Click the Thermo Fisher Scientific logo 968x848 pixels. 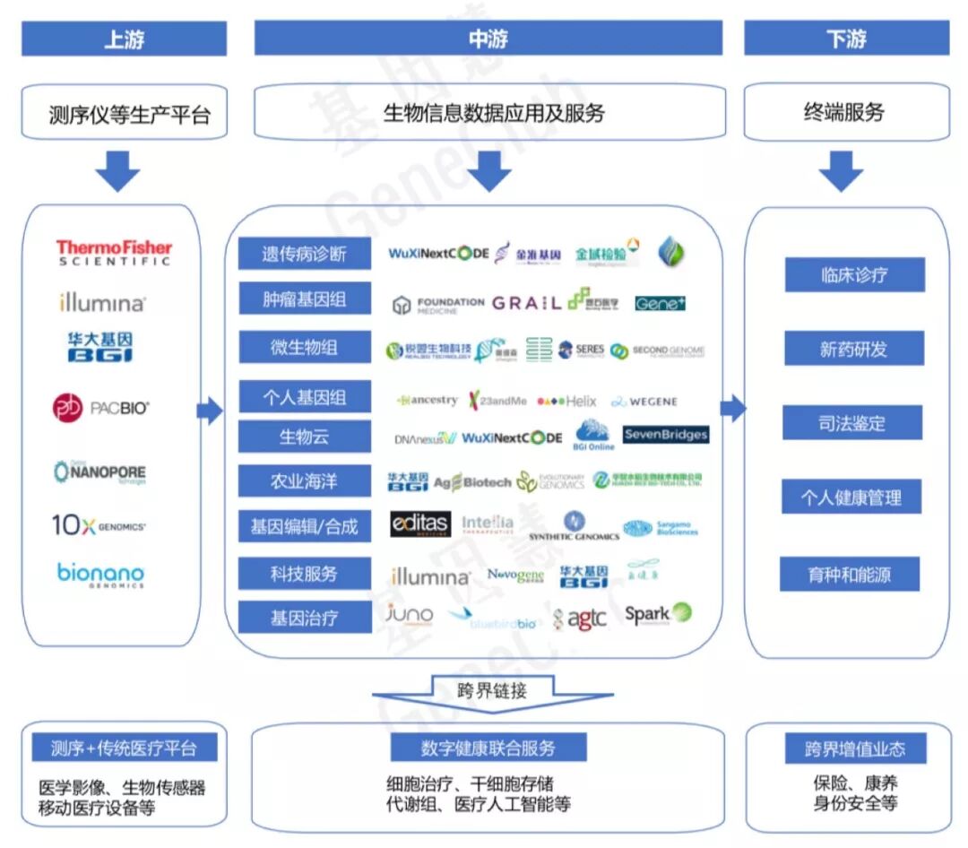click(114, 252)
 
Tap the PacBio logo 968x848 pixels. click(100, 409)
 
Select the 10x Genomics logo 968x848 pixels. click(99, 525)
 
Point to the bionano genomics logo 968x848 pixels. click(100, 575)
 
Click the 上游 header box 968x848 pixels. click(124, 39)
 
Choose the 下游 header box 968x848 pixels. click(846, 39)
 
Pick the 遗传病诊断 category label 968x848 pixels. click(304, 255)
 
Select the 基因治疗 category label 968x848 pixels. click(304, 619)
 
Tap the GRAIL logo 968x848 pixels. click(526, 303)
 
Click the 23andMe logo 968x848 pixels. click(497, 401)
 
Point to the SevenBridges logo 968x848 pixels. click(665, 435)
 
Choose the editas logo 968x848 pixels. click(419, 524)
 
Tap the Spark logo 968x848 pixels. click(658, 614)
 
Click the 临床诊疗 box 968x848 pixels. click(853, 275)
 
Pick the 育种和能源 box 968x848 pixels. click(849, 575)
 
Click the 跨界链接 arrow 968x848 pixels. click(492, 693)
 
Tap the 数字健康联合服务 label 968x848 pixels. click(488, 748)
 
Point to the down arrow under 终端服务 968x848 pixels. click(841, 170)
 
